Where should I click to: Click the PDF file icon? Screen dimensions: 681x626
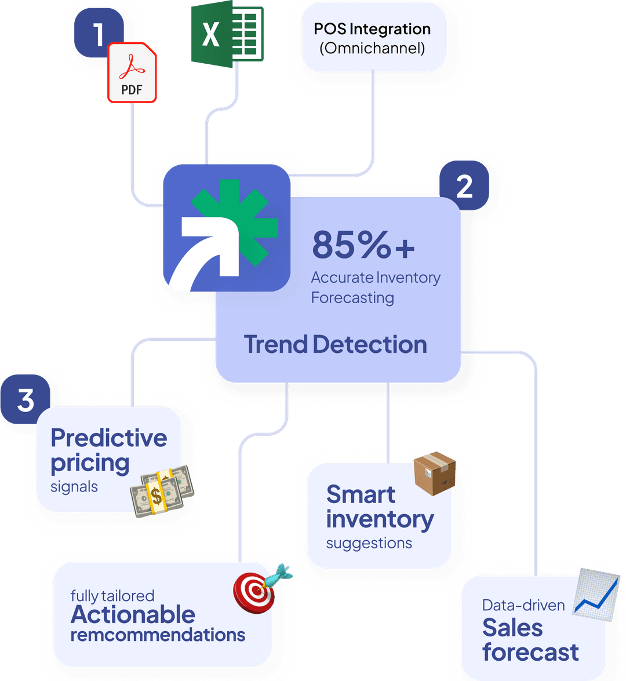[132, 73]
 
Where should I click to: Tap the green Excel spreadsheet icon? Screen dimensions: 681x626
[227, 32]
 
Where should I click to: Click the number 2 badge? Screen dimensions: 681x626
[464, 186]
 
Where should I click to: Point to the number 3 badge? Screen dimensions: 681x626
[26, 400]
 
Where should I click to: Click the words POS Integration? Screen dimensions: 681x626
[372, 29]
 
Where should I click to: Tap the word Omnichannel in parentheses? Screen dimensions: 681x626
[372, 48]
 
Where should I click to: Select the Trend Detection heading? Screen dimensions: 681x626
[335, 344]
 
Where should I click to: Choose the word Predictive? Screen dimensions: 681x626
[108, 438]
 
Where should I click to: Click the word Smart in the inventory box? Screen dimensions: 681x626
[361, 494]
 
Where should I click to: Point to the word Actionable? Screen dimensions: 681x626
[133, 614]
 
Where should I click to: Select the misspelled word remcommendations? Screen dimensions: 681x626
[158, 635]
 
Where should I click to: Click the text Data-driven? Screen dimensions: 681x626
[523, 606]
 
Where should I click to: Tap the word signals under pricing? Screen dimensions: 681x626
[74, 487]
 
